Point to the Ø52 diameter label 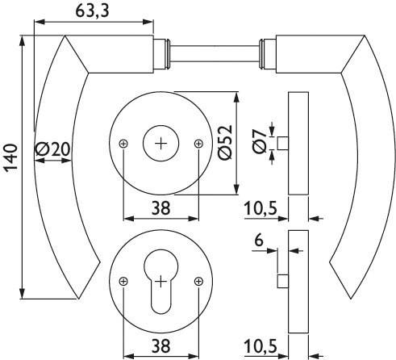click(x=225, y=144)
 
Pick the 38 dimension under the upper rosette click(x=160, y=207)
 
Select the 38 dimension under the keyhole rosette click(x=160, y=345)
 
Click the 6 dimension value click(x=258, y=240)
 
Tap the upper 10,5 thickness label click(x=261, y=208)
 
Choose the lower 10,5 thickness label click(x=261, y=346)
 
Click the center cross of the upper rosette click(x=160, y=143)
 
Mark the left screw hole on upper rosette click(x=123, y=143)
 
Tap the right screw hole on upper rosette click(x=198, y=143)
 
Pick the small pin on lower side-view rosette click(x=283, y=280)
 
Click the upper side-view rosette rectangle click(x=298, y=143)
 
